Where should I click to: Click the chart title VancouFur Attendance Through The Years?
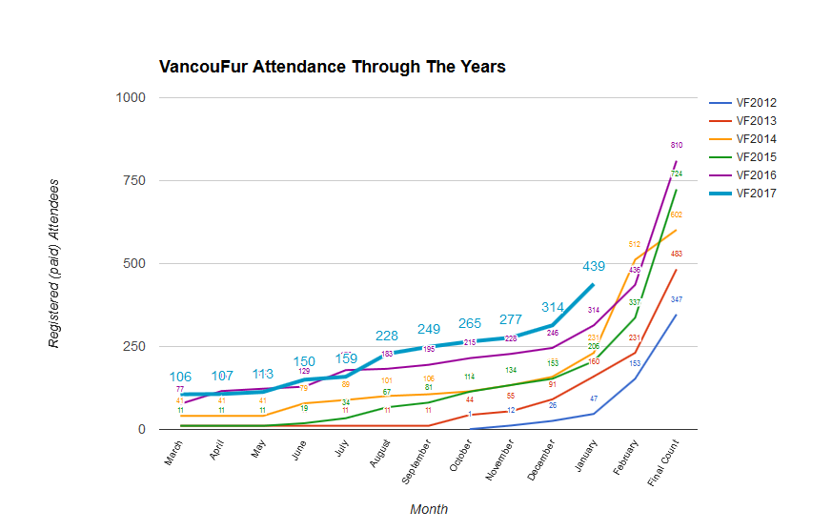click(x=332, y=67)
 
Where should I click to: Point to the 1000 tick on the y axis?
click(x=130, y=97)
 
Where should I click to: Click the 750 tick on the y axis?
click(x=133, y=180)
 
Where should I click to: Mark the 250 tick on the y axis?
click(x=133, y=346)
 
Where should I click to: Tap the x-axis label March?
click(x=173, y=460)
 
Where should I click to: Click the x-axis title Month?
click(x=429, y=509)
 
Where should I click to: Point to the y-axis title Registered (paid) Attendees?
click(x=54, y=263)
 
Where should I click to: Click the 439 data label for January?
click(x=595, y=267)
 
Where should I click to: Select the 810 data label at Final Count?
click(x=677, y=145)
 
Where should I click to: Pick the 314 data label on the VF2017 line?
click(x=553, y=307)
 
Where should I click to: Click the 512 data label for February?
click(x=634, y=244)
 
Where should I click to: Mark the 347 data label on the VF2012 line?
click(x=677, y=299)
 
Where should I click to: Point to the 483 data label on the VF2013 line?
click(x=677, y=254)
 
